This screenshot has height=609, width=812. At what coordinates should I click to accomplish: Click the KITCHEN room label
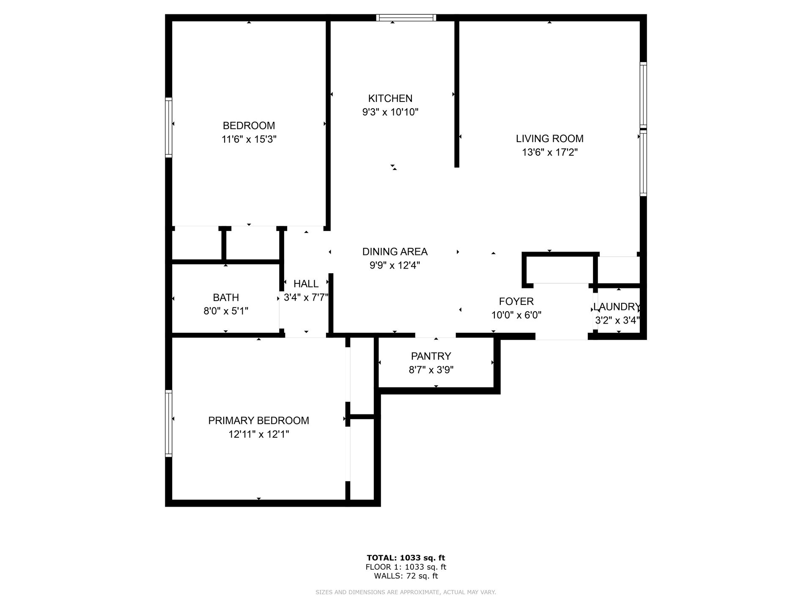click(x=390, y=99)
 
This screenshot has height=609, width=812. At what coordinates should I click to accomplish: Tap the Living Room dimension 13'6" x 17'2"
click(x=549, y=152)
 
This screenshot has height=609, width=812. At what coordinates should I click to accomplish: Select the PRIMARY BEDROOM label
click(x=258, y=420)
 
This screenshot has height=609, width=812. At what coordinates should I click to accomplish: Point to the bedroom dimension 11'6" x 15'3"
click(x=249, y=139)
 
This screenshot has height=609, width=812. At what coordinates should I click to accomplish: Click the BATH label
click(x=226, y=297)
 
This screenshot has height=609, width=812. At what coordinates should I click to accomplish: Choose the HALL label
click(x=306, y=284)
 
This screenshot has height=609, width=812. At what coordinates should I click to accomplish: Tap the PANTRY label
click(x=431, y=356)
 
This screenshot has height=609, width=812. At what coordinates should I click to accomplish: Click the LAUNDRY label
click(x=617, y=307)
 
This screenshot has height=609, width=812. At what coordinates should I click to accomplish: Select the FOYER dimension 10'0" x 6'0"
click(x=516, y=315)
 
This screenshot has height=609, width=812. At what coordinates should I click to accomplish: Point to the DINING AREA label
click(x=395, y=252)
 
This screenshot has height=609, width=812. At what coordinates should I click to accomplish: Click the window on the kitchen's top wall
click(x=406, y=17)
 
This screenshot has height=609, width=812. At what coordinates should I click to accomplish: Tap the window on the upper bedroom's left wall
click(x=168, y=127)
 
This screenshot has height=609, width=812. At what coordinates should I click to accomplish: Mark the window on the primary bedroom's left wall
click(x=168, y=423)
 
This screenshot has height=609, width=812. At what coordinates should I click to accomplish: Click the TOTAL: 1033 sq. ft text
click(x=406, y=558)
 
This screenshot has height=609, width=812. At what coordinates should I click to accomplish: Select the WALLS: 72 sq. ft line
click(x=406, y=576)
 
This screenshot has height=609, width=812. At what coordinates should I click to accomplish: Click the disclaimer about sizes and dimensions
click(x=406, y=593)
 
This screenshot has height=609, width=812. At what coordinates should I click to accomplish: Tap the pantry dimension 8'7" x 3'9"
click(x=431, y=370)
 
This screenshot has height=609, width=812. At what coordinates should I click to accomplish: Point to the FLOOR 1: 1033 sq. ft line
click(x=406, y=567)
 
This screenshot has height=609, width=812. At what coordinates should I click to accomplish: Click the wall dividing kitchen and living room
click(x=456, y=93)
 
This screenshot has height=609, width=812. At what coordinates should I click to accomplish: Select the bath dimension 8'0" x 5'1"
click(x=226, y=311)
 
